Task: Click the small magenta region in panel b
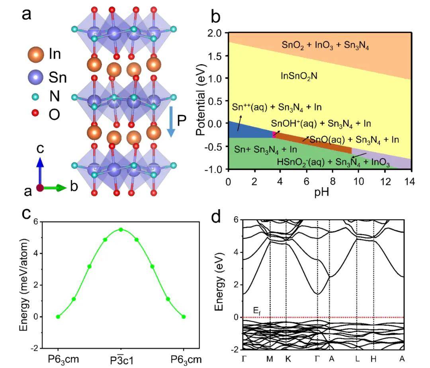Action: [x=274, y=134]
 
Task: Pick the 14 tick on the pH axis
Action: [x=411, y=182]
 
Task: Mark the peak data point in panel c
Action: [x=121, y=229]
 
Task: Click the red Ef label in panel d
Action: [x=257, y=310]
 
